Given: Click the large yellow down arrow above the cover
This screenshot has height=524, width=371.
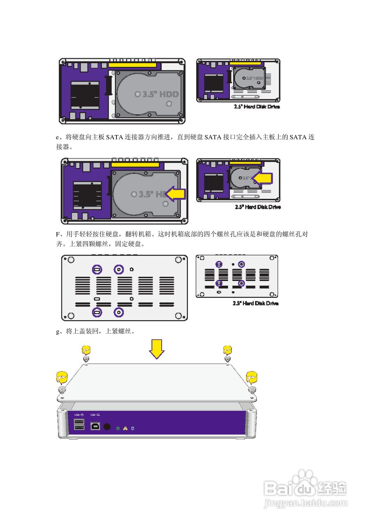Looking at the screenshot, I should click(x=156, y=349).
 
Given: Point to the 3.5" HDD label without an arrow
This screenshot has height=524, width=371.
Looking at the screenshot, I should click(x=158, y=94).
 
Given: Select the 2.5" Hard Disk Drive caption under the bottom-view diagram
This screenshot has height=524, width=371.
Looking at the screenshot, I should click(x=256, y=303).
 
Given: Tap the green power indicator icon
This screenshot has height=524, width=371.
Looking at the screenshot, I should click(x=118, y=428).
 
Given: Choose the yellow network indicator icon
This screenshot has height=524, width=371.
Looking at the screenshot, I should click(x=125, y=428).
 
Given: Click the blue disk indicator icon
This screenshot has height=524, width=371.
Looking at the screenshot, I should click(x=132, y=428).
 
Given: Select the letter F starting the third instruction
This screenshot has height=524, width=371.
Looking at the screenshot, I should click(x=58, y=235).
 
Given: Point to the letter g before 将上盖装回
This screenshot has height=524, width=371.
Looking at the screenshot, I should click(x=58, y=332).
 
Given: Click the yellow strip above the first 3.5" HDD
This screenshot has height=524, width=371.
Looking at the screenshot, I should click(x=132, y=65).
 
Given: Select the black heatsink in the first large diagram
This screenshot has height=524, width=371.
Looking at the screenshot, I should click(x=85, y=95).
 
